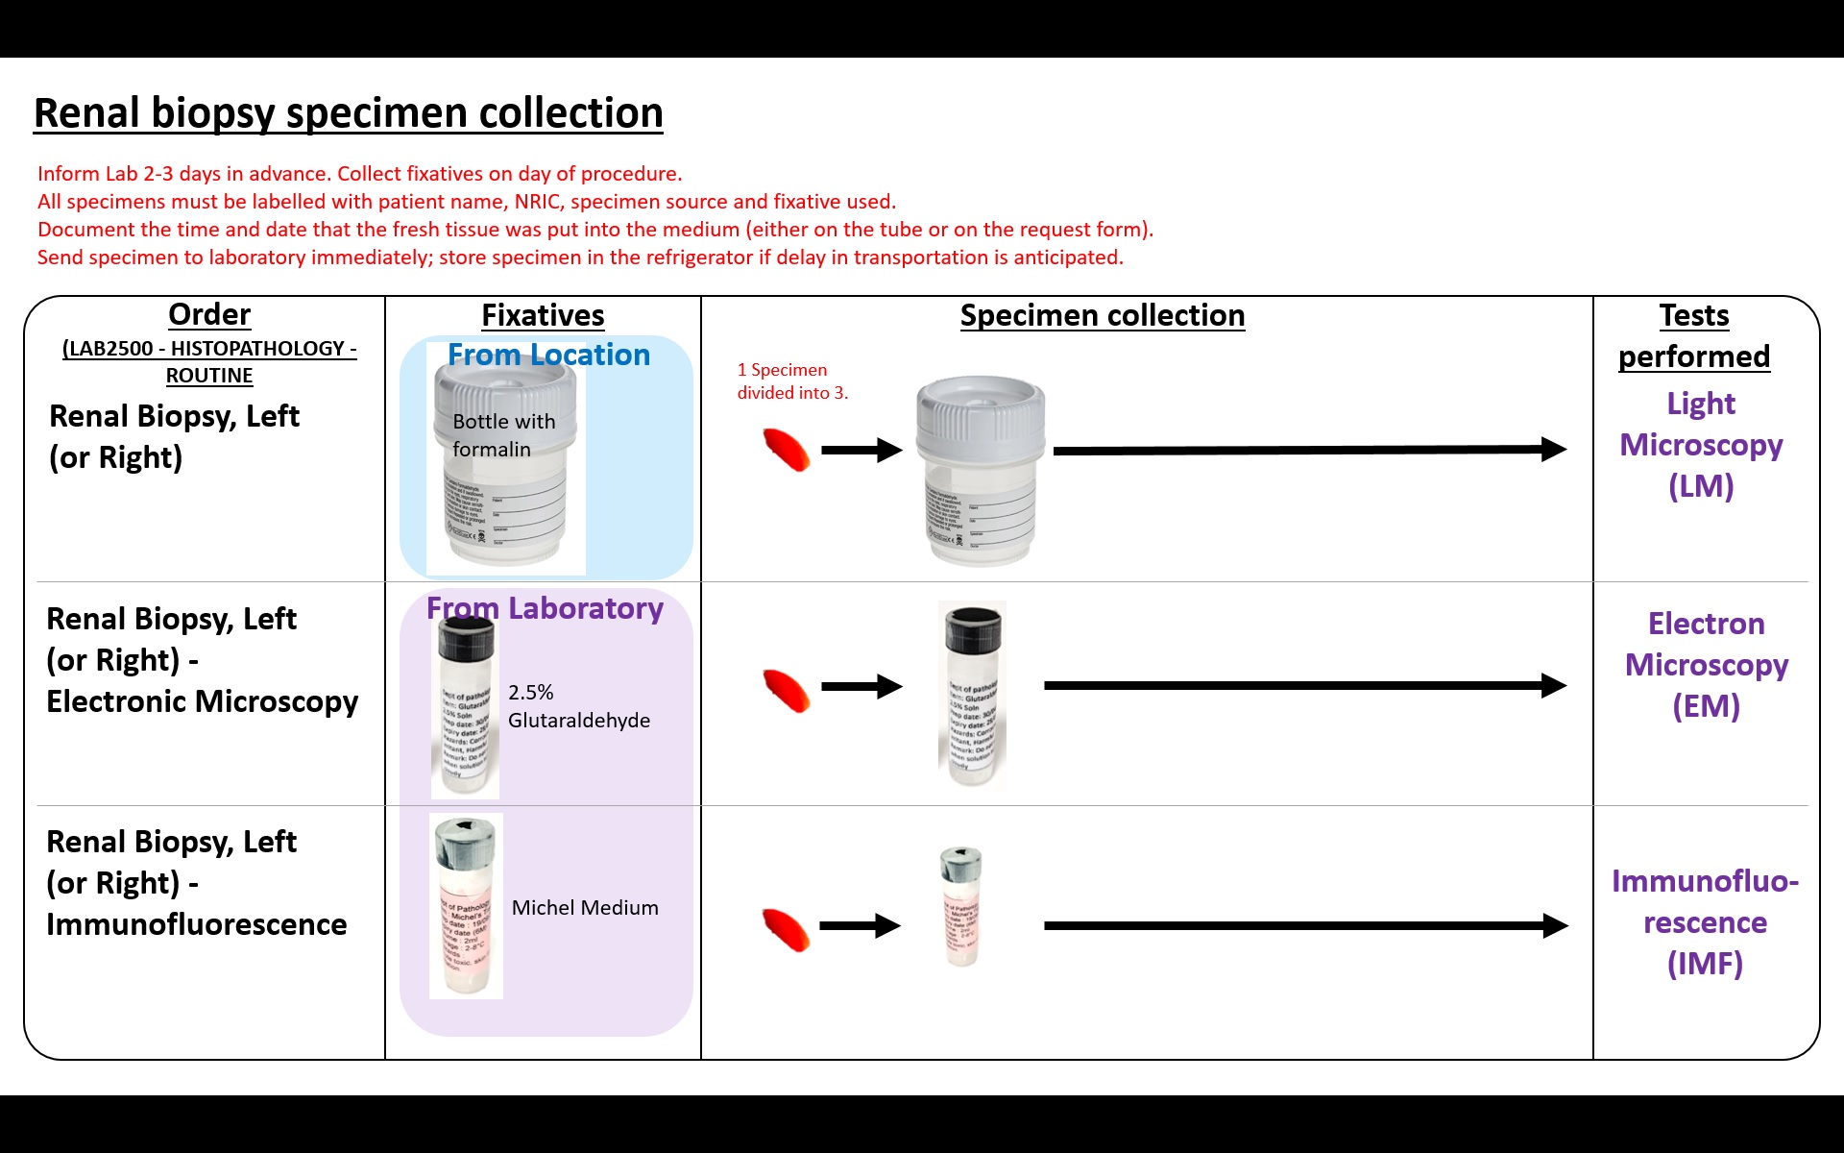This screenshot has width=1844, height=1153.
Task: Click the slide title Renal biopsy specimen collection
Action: pos(348,113)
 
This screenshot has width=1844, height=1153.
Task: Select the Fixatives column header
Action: pos(543,315)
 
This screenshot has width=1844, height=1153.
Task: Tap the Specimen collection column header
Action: pos(1102,315)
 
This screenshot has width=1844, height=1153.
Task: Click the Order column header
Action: pos(209,314)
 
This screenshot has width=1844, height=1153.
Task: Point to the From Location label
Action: pos(548,355)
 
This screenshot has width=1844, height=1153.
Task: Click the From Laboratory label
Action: pos(545,608)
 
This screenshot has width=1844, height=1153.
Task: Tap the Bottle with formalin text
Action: pos(503,435)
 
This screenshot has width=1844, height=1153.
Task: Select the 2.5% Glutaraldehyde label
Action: pos(578,706)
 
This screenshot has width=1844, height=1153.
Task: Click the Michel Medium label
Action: pos(585,908)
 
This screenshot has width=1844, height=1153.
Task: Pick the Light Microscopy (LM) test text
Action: pos(1700,445)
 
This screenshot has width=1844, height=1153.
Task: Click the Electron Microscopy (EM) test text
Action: pos(1706,665)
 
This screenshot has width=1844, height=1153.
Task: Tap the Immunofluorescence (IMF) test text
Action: pos(1705,922)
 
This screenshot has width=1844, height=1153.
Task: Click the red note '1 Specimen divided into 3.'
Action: pos(792,381)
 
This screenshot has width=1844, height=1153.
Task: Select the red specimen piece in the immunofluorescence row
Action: pos(786,929)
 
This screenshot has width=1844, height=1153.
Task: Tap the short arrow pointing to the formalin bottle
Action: pos(861,450)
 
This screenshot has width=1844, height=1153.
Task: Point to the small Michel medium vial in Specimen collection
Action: pos(961,907)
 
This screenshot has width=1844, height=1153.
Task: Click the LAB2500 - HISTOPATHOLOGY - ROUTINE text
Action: pos(209,361)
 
